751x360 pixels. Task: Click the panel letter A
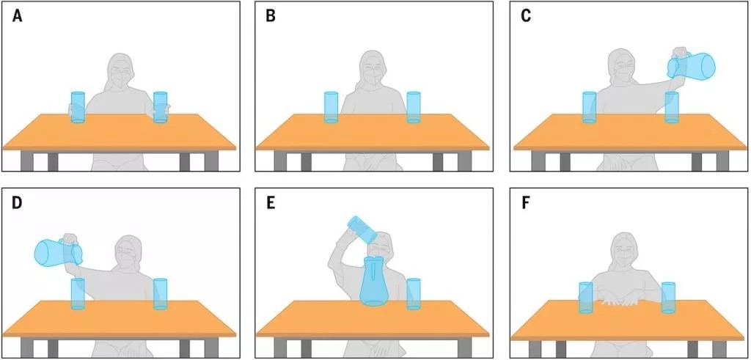[18, 16]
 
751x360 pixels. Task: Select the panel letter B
[271, 16]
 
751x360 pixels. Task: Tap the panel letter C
[525, 16]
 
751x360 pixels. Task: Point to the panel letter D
[18, 203]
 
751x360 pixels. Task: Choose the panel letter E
[271, 203]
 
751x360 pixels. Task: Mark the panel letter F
[525, 203]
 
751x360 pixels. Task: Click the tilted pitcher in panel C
[692, 66]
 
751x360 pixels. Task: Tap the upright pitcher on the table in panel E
[374, 282]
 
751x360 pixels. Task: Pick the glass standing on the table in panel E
[414, 294]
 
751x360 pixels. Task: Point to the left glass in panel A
[78, 107]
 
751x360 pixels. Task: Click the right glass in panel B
[414, 107]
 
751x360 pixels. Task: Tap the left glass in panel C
[589, 107]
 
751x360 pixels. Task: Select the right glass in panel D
[161, 294]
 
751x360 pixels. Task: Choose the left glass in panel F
[586, 298]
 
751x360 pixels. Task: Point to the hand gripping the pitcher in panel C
[680, 53]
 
